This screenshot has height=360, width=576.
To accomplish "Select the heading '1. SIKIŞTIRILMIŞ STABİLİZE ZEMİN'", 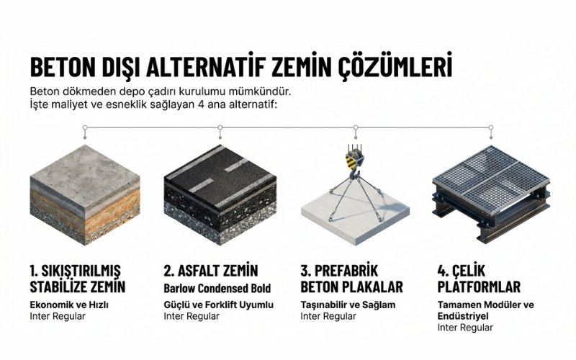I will [78, 279].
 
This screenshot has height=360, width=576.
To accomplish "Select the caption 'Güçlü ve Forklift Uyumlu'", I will [219, 305].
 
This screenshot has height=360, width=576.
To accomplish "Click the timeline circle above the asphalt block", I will [220, 128].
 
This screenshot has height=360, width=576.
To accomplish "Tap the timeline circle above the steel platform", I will [491, 128].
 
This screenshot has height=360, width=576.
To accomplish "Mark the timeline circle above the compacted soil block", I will [85, 128].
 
